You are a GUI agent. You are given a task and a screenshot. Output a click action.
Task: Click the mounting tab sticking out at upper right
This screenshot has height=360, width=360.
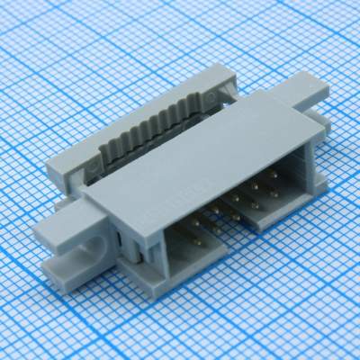[302, 91]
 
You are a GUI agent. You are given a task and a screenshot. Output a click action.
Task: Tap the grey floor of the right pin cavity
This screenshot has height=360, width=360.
[261, 216]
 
